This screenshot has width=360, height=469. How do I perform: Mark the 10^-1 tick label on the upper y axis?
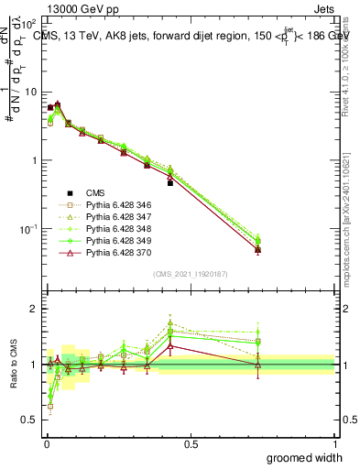point(27,228)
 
